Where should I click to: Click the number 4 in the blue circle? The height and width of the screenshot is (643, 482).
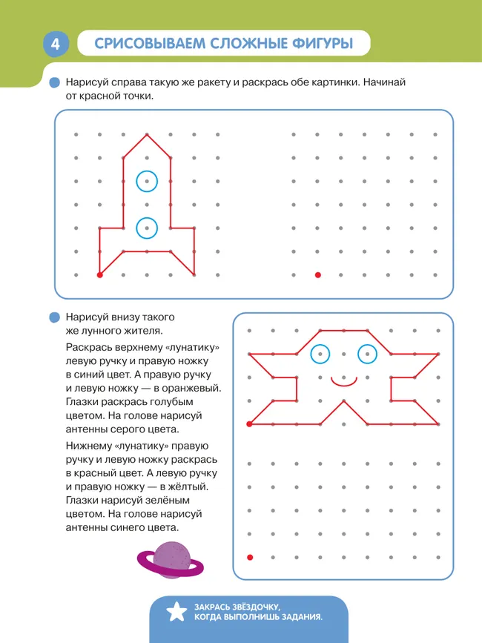(x=55, y=44)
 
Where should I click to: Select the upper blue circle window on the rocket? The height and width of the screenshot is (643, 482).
(x=147, y=180)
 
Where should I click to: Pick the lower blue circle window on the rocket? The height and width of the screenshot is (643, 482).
(x=147, y=228)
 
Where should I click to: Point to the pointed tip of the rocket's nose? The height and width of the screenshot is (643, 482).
(x=147, y=134)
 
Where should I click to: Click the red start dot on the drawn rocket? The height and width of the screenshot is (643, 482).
(x=99, y=275)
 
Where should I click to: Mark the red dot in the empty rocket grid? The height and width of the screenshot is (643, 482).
(x=317, y=275)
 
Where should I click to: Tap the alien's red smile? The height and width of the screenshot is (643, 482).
(x=343, y=382)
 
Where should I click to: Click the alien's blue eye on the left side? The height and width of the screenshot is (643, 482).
(x=320, y=355)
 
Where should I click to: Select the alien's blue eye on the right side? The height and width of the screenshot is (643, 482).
(x=367, y=355)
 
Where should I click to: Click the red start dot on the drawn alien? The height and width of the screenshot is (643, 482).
(x=249, y=424)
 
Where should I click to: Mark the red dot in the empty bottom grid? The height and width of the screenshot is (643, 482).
(x=249, y=557)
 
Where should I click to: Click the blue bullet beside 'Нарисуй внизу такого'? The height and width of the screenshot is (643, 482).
(x=54, y=317)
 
